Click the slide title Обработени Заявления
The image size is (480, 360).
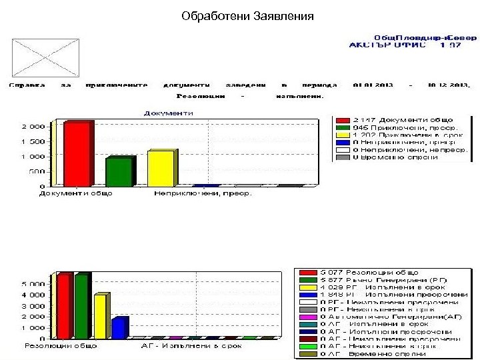point(247,15)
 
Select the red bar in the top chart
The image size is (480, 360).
point(77,154)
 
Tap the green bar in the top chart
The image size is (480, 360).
point(119,171)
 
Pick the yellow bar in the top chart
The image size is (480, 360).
point(161,168)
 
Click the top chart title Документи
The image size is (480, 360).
point(169,113)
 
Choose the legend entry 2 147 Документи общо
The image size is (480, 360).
point(405,119)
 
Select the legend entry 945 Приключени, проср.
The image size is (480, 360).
point(405,127)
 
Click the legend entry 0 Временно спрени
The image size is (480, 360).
point(405,157)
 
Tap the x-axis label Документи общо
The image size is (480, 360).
point(75,194)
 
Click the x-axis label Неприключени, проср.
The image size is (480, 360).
point(203,194)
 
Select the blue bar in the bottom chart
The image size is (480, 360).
point(119,328)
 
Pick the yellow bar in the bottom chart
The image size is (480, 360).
point(100,317)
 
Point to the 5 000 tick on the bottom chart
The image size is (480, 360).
point(35,284)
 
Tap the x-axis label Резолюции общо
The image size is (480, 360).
point(61,346)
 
